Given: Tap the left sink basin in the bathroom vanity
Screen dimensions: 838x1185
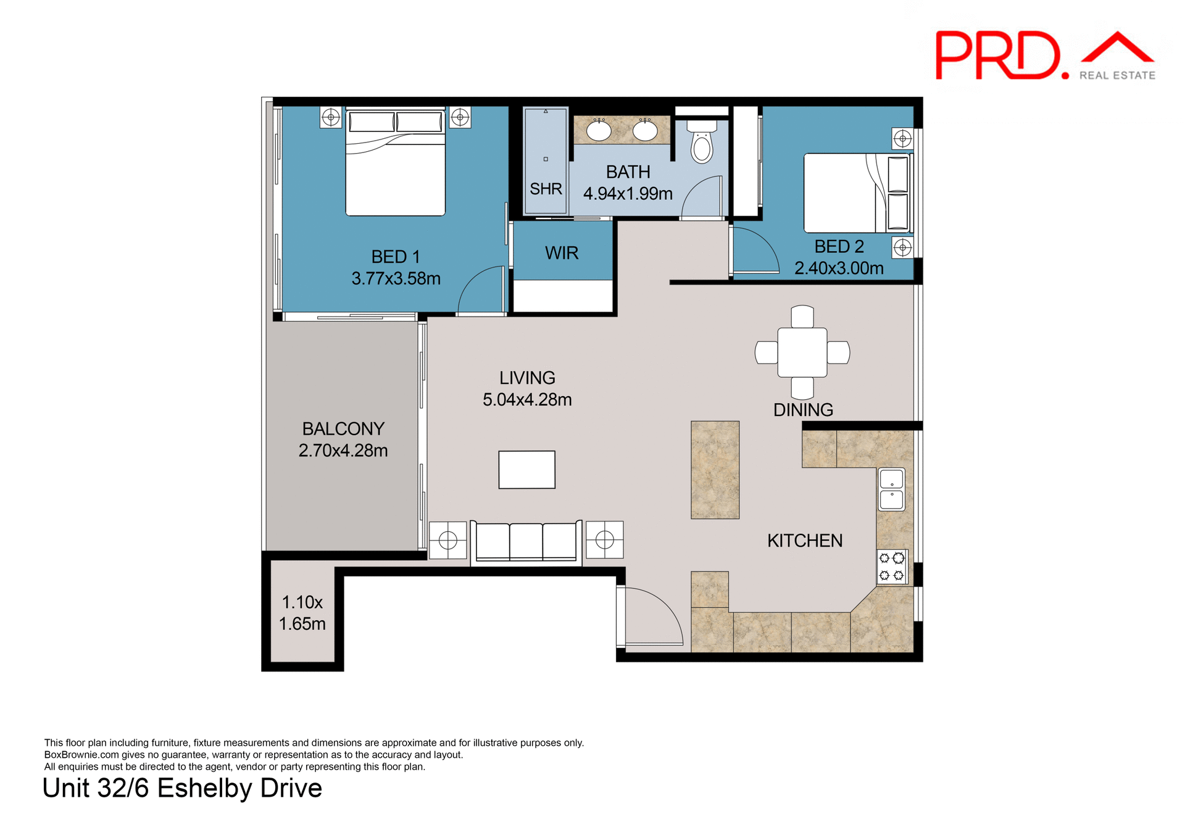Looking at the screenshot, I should (598, 131).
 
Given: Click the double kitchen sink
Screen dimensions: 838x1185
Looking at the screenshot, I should (891, 489).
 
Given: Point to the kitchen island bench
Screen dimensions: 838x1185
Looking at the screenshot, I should (715, 470).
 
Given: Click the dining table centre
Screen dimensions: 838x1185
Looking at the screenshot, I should (802, 352).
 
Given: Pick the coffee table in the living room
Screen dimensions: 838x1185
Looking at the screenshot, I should (526, 470).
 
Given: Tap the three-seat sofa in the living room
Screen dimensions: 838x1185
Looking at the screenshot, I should (526, 542).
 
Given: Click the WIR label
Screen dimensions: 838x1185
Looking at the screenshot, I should (562, 253).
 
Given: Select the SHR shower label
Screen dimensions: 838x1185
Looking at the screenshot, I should (546, 189).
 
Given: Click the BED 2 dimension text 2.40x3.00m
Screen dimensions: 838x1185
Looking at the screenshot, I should (839, 268).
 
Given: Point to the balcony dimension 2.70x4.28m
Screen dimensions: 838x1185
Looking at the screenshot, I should (343, 450).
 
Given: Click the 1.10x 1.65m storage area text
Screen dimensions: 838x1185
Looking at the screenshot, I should (302, 613).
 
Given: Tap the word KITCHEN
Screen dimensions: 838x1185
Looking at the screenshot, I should (805, 541).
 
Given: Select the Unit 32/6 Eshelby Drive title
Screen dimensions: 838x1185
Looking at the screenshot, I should (182, 789).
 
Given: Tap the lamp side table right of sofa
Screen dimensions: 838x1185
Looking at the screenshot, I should (604, 540).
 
